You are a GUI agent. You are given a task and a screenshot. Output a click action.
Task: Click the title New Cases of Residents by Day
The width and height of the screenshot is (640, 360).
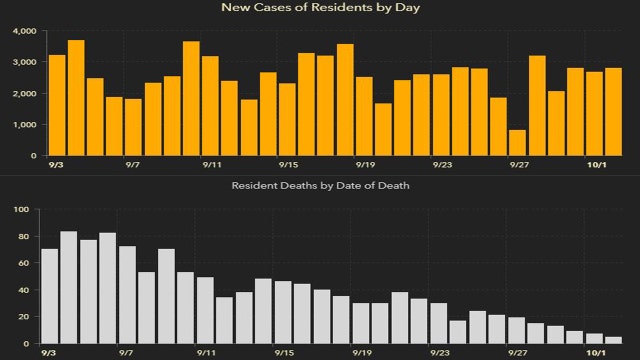[319, 8]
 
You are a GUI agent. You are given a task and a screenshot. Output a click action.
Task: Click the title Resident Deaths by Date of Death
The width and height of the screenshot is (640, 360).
[319, 186]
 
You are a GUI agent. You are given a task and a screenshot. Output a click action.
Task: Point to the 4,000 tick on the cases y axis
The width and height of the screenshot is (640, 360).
[22, 32]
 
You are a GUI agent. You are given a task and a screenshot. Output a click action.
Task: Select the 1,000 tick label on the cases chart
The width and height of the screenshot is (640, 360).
[22, 125]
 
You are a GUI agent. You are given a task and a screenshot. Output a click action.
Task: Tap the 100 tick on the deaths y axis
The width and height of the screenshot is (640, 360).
[21, 209]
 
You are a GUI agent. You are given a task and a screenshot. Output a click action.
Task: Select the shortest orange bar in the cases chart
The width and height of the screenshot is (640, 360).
[518, 143]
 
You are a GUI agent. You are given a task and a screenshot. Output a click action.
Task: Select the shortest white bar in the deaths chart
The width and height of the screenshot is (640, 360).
[613, 340]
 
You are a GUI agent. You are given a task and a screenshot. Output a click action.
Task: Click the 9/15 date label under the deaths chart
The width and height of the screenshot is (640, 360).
[284, 352]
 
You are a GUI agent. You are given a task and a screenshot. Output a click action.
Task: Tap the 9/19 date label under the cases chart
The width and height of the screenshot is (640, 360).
[364, 164]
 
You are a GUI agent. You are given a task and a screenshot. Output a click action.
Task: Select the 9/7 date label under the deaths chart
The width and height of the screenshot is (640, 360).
[127, 352]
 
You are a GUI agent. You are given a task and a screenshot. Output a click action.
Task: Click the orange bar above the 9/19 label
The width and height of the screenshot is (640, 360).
[364, 116]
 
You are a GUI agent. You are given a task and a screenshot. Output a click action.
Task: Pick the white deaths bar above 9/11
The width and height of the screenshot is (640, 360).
[205, 311]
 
